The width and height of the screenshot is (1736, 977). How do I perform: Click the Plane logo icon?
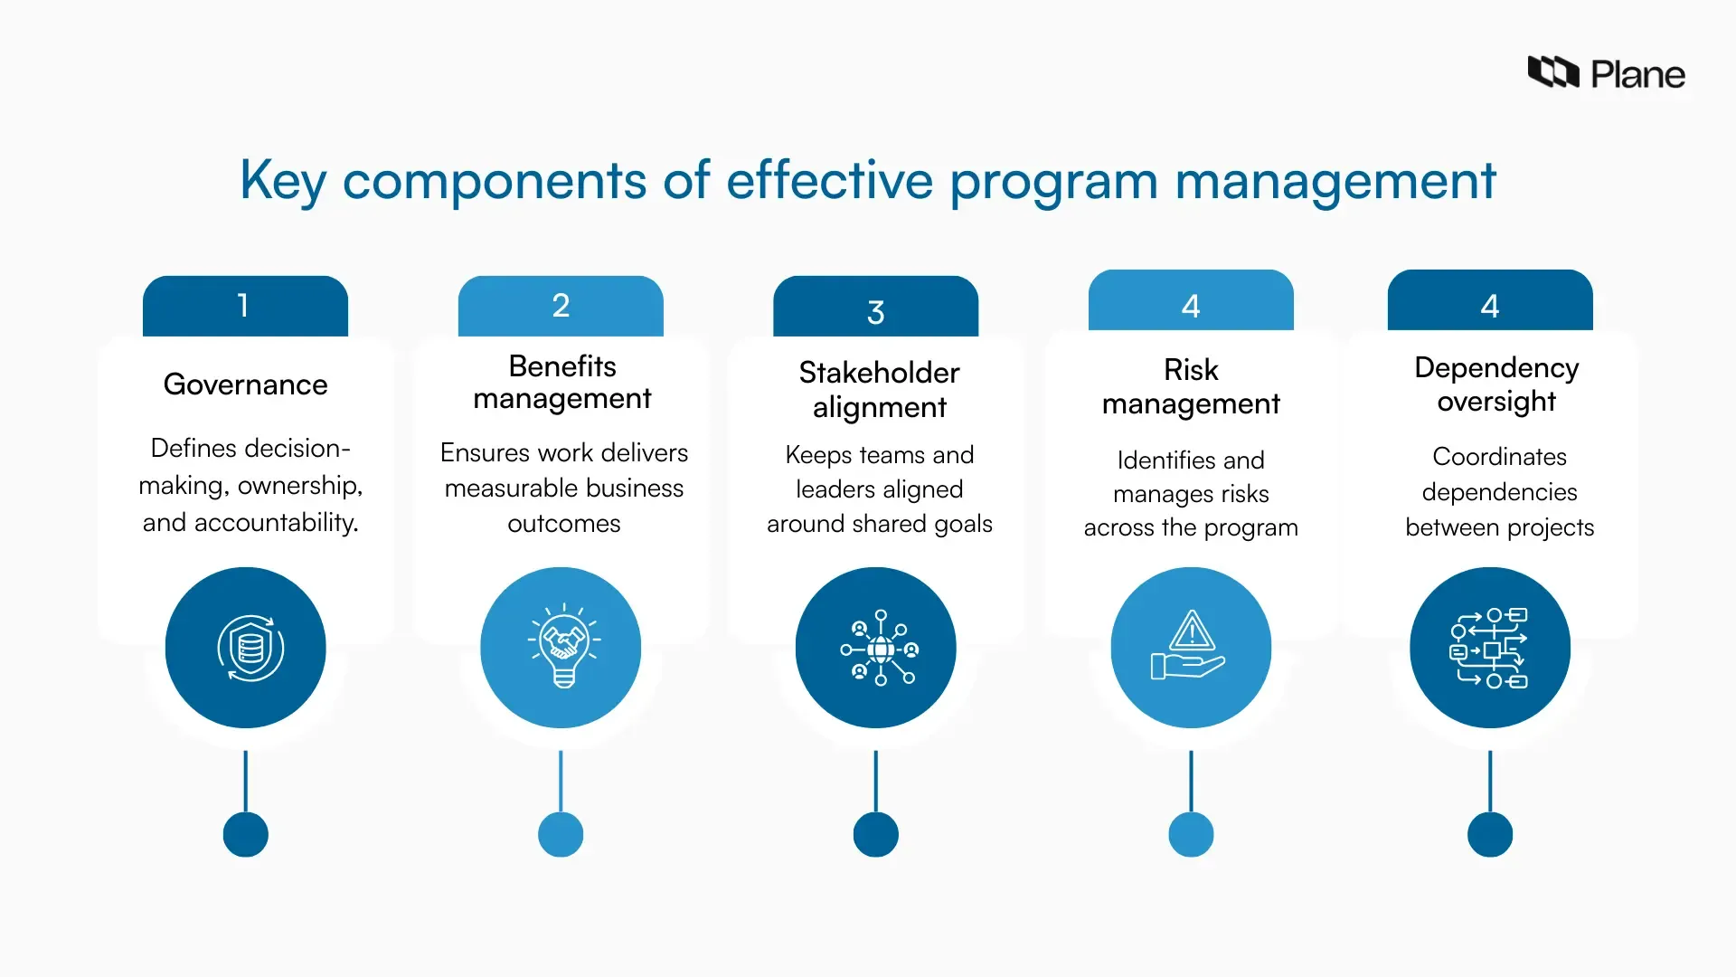[x=1552, y=71]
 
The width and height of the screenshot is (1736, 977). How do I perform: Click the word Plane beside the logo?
[x=1637, y=75]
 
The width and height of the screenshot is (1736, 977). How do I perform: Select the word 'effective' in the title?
[x=829, y=180]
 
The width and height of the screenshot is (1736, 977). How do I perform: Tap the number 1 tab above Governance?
[x=244, y=306]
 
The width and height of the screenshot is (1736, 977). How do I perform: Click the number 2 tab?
[x=561, y=306]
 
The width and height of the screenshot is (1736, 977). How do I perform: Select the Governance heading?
[x=245, y=384]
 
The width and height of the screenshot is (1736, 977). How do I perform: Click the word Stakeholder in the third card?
[x=879, y=373]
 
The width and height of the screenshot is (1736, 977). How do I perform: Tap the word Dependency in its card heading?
[x=1496, y=368]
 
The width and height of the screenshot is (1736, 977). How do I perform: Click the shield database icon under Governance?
[x=250, y=648]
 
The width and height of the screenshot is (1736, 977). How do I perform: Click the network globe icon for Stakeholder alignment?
[x=879, y=648]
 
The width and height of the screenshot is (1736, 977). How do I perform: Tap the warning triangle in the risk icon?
[x=1192, y=631]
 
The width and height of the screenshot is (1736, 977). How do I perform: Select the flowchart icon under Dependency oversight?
[x=1489, y=648]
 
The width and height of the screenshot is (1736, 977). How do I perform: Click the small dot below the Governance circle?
[x=245, y=834]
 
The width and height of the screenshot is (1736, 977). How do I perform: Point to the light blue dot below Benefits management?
[x=561, y=834]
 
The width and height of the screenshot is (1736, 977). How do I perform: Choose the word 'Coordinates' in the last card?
[x=1499, y=457]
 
